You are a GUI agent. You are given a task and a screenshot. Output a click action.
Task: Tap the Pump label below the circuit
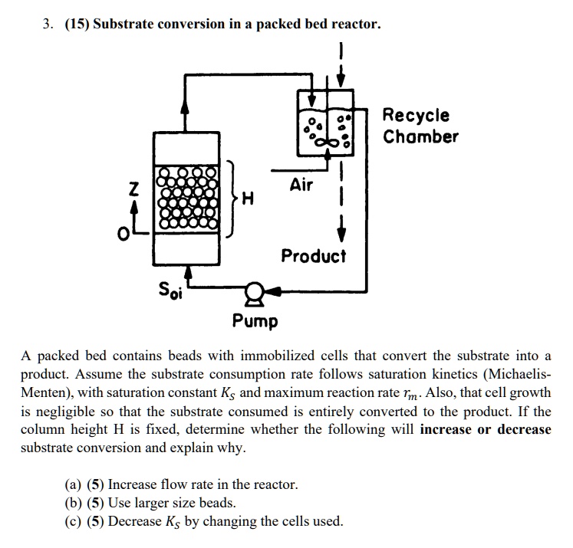(x=255, y=320)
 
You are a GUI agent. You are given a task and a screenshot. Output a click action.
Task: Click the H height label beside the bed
(x=247, y=200)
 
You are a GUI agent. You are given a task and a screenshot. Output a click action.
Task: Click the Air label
(x=301, y=184)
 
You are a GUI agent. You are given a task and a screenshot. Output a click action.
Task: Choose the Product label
(x=313, y=255)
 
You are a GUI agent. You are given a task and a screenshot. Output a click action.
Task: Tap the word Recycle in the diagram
(x=416, y=116)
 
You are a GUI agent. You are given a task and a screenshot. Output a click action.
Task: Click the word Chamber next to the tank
(x=420, y=136)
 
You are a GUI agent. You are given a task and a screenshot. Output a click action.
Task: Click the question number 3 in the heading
(x=47, y=24)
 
